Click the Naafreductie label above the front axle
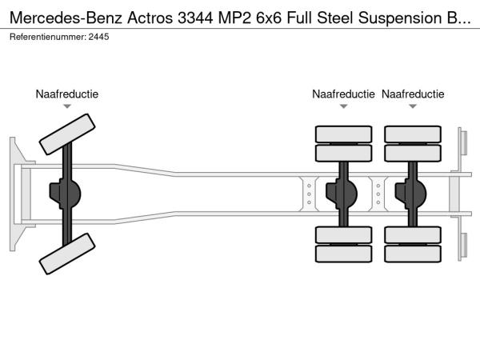[x=67, y=94]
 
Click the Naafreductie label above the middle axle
[x=343, y=94]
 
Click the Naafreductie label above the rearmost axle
[x=413, y=94]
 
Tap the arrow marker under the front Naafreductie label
[x=67, y=106]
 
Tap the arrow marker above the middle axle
[x=343, y=106]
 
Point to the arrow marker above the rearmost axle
[x=413, y=106]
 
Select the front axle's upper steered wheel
[x=67, y=134]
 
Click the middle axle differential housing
[x=345, y=193]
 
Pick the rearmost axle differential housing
[x=414, y=193]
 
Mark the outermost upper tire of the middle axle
[x=343, y=133]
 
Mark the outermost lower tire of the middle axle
[x=343, y=254]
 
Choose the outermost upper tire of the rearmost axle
[x=413, y=133]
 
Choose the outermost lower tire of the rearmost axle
[x=413, y=254]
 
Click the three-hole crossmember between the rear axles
[x=378, y=193]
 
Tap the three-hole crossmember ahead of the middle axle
[x=309, y=193]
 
